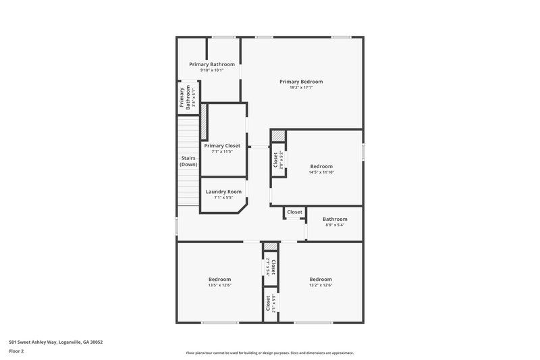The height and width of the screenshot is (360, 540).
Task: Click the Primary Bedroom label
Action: point(301,81)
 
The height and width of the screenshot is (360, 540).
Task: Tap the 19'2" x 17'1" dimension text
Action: point(301,87)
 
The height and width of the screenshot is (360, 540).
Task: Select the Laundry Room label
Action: point(223,191)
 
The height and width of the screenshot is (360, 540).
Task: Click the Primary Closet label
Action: point(222,145)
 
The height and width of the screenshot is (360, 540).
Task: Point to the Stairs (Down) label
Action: point(188,161)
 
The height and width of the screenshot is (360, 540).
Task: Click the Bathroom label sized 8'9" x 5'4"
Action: point(335,219)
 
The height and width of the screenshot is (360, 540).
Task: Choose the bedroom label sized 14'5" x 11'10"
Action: point(321,166)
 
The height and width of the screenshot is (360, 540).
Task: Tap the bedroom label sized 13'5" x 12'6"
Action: point(219,279)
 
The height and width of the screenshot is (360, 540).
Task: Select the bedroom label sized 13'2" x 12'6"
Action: point(321,279)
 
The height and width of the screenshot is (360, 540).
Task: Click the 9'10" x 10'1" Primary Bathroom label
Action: point(212,64)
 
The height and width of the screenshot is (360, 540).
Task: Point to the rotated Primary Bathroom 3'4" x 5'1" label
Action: point(182,98)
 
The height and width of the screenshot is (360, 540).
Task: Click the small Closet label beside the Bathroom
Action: point(295,212)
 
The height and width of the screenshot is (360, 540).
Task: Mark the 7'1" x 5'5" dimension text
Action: point(223,198)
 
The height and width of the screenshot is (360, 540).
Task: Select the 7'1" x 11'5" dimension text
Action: point(222,151)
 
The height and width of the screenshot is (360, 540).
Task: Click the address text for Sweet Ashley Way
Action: point(55,342)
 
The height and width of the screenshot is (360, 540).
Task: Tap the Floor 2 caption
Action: point(16,351)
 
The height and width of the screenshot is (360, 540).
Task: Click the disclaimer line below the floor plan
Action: point(269,353)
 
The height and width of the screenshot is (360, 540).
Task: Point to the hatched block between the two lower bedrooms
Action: point(270,247)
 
